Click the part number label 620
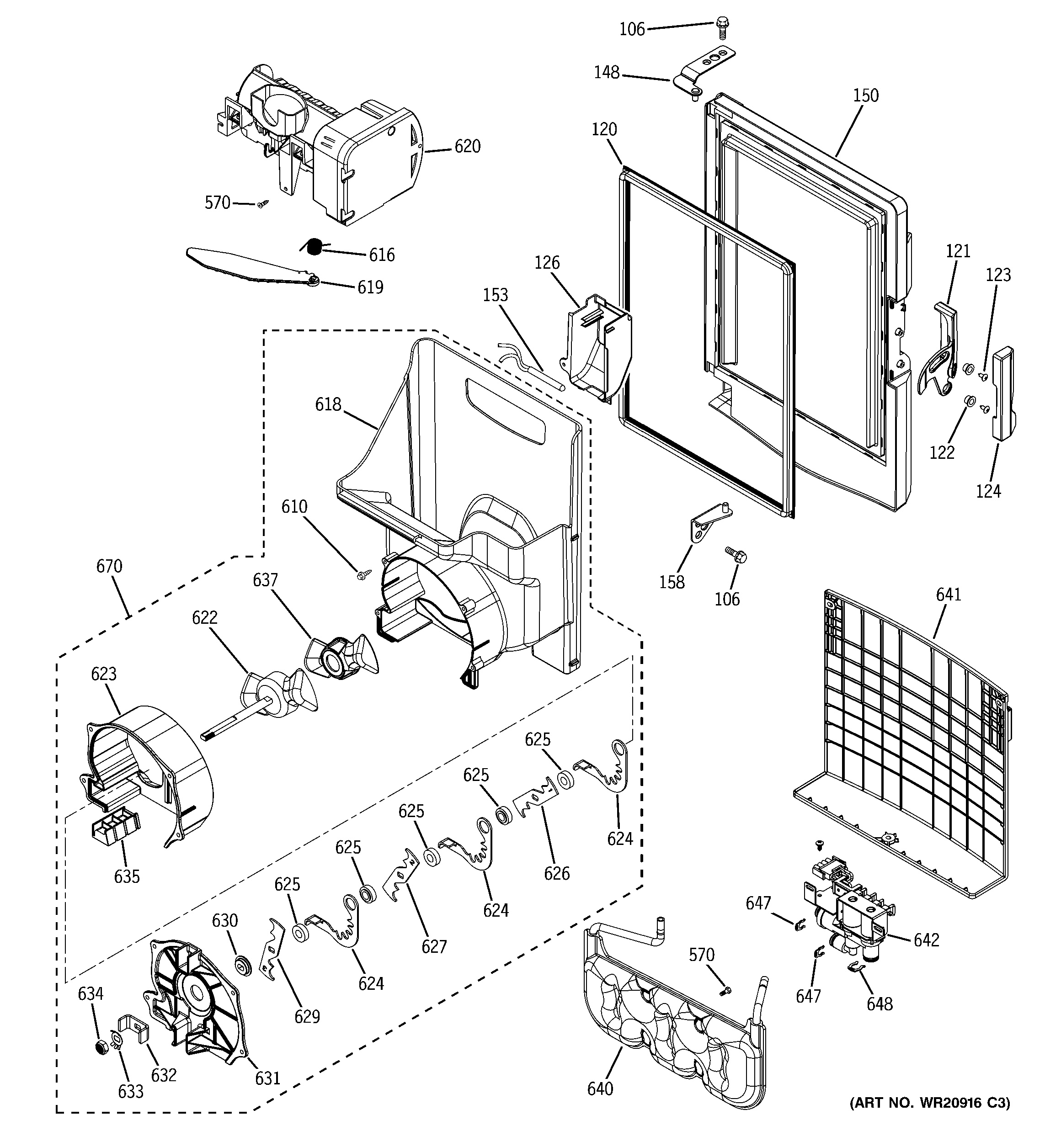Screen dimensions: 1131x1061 467,147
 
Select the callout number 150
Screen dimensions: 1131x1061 865,96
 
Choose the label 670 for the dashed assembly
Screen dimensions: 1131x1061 109,566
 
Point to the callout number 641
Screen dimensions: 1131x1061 948,595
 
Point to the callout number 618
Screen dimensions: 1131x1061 328,404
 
